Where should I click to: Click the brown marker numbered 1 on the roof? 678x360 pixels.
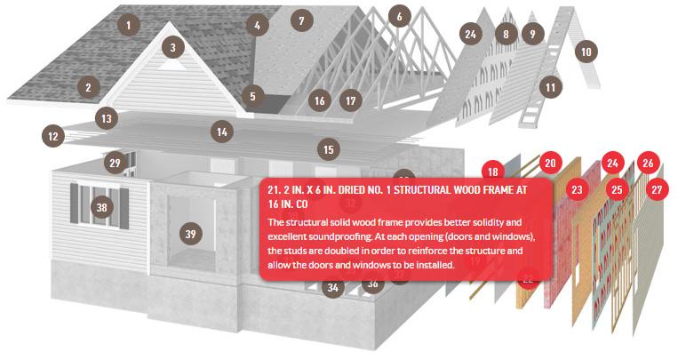coord(129,25)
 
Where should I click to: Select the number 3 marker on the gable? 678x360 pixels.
coord(173,48)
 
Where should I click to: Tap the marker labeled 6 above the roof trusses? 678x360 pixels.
coord(399,16)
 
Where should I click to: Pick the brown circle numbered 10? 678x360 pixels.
coord(586,52)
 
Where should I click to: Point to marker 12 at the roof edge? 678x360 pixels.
coord(52,136)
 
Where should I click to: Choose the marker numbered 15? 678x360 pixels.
coord(329,149)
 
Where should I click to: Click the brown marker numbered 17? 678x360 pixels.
coord(351,100)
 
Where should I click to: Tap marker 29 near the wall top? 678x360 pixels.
coord(115,164)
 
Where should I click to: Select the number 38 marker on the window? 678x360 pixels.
coord(101,207)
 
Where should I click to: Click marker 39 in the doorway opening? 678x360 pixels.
coord(191,234)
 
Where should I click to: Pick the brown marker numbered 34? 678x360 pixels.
coord(333,287)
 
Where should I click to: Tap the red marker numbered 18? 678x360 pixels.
coord(493,171)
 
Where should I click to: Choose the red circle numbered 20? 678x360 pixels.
coord(550,163)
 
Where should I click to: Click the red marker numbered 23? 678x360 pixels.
coord(577,189)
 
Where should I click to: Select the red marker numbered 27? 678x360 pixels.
coord(657,189)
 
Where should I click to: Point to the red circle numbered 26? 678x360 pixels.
coord(648,163)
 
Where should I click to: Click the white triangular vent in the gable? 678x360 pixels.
coord(172,66)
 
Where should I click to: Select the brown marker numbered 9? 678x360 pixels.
coord(533,34)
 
